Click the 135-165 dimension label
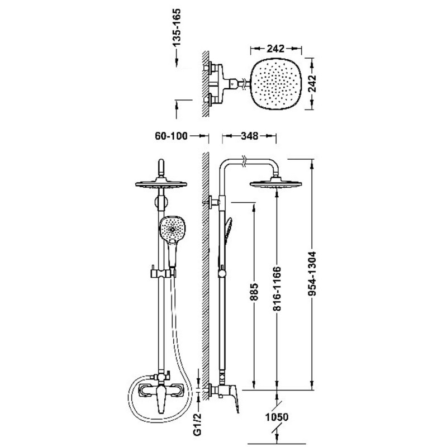pos(177,27)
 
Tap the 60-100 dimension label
pos(172,136)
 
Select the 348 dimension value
pos(249,136)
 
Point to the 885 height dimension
pos(254,292)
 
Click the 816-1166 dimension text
pos(277,288)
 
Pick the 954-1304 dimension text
pos(312,274)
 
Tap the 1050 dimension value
pos(277,417)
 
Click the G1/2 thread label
pos(198,424)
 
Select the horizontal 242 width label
pos(275,49)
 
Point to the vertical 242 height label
pos(312,83)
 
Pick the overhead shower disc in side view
pos(275,183)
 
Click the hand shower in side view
pos(228,231)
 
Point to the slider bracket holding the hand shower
pos(162,273)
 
